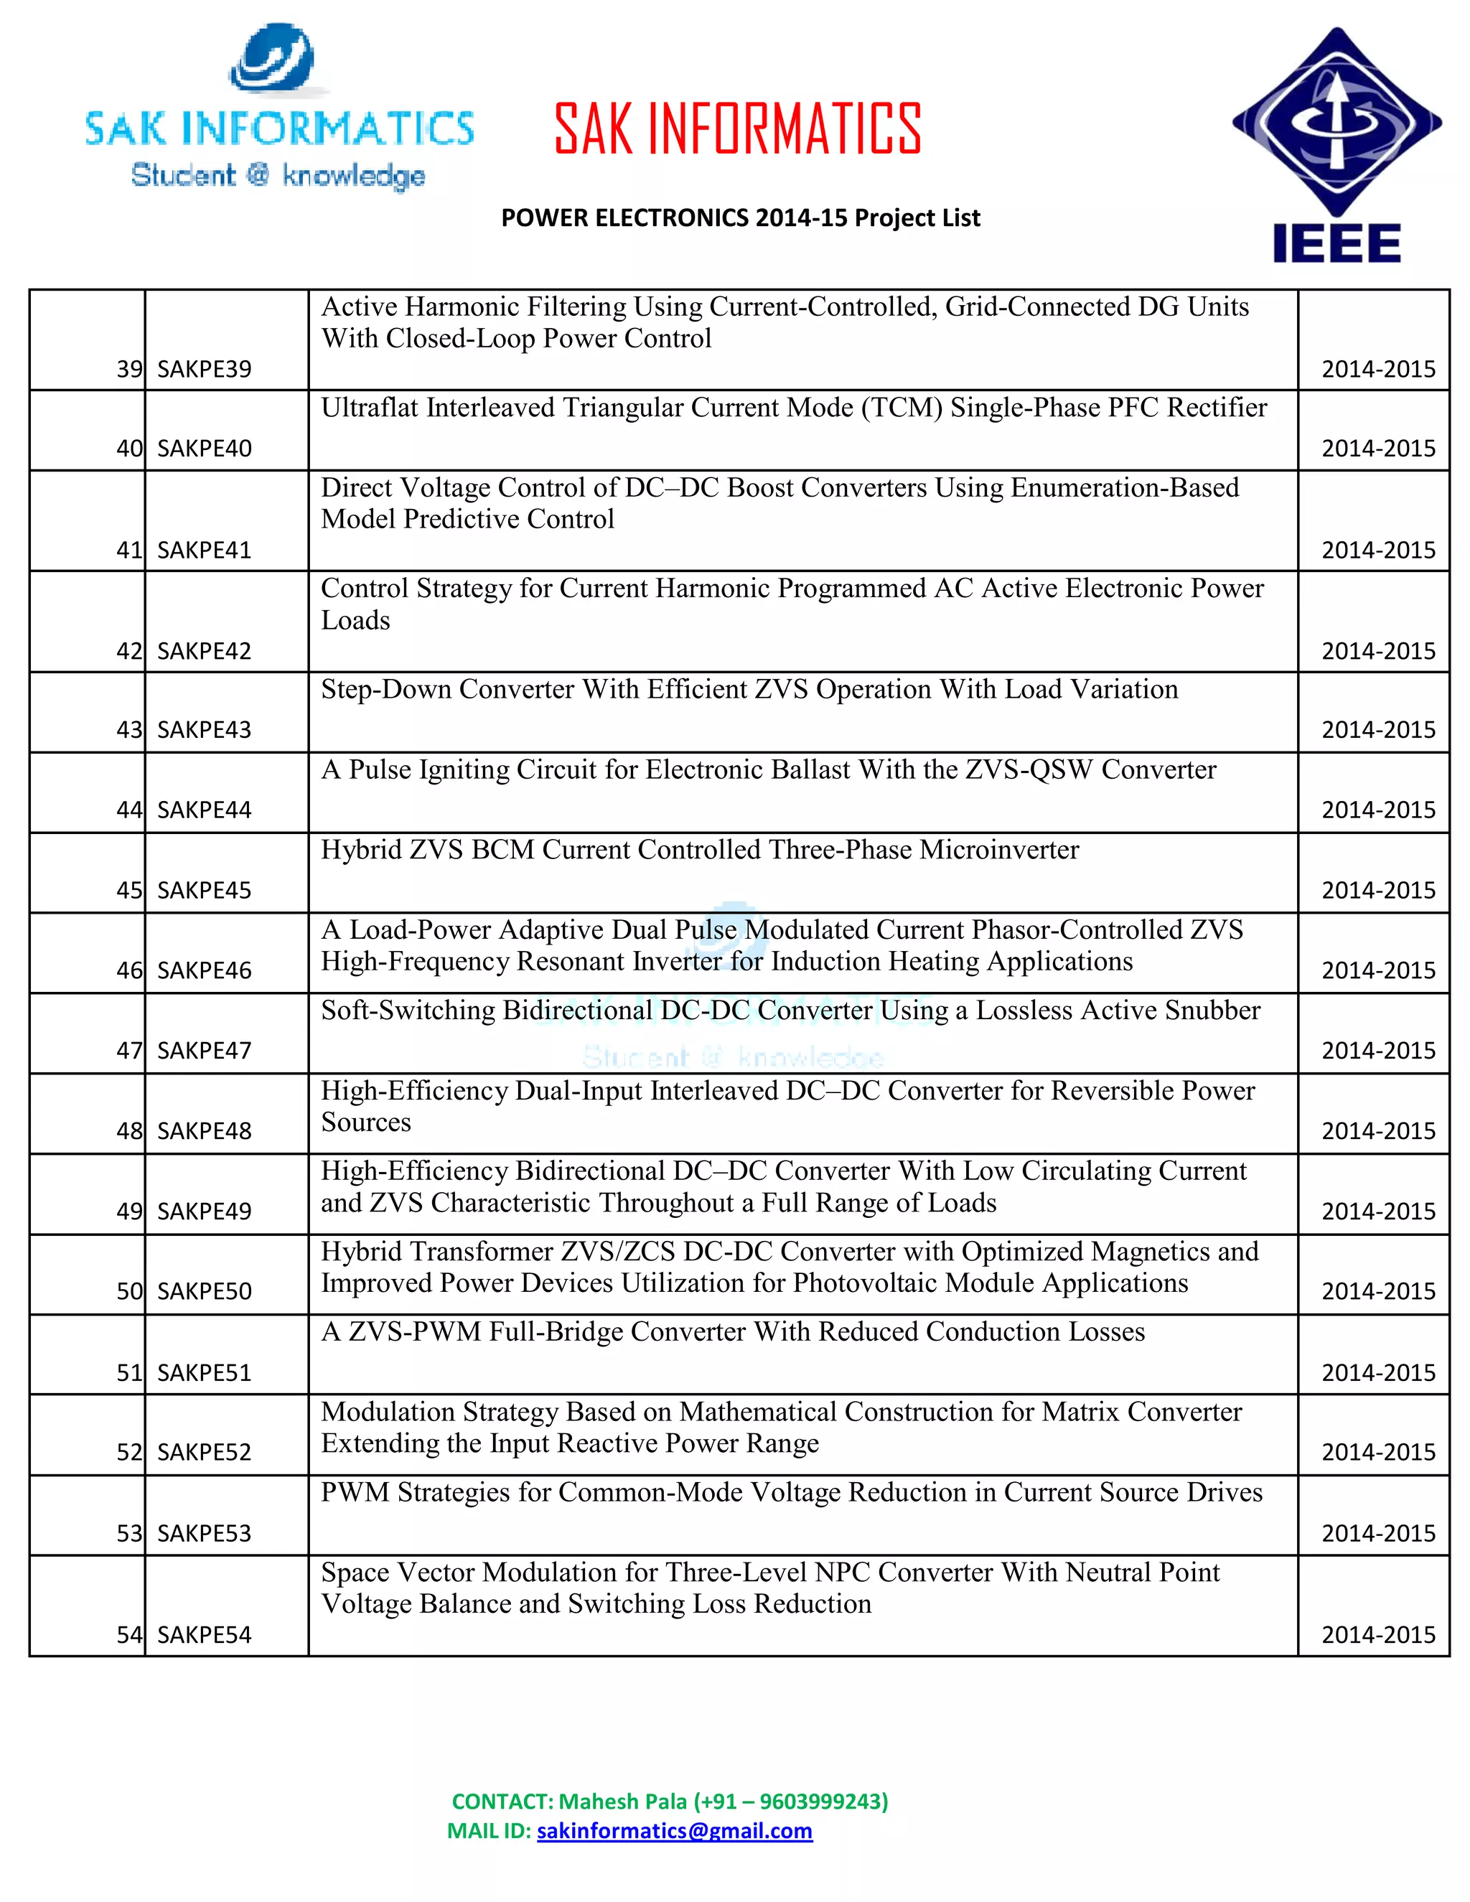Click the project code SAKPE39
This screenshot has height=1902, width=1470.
click(x=204, y=369)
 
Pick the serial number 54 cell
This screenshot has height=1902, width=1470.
click(x=129, y=1634)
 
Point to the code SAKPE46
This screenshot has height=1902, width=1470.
click(x=204, y=970)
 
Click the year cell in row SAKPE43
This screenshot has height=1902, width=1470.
click(x=1377, y=730)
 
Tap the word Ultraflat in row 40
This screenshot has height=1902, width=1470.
click(x=369, y=408)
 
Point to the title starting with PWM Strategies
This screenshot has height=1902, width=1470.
click(x=791, y=1492)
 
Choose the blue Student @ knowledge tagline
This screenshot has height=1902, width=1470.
click(x=278, y=175)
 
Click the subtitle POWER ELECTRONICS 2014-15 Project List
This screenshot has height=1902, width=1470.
click(x=740, y=217)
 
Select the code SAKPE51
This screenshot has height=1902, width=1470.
click(x=204, y=1372)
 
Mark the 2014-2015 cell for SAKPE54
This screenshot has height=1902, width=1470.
click(x=1377, y=1634)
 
